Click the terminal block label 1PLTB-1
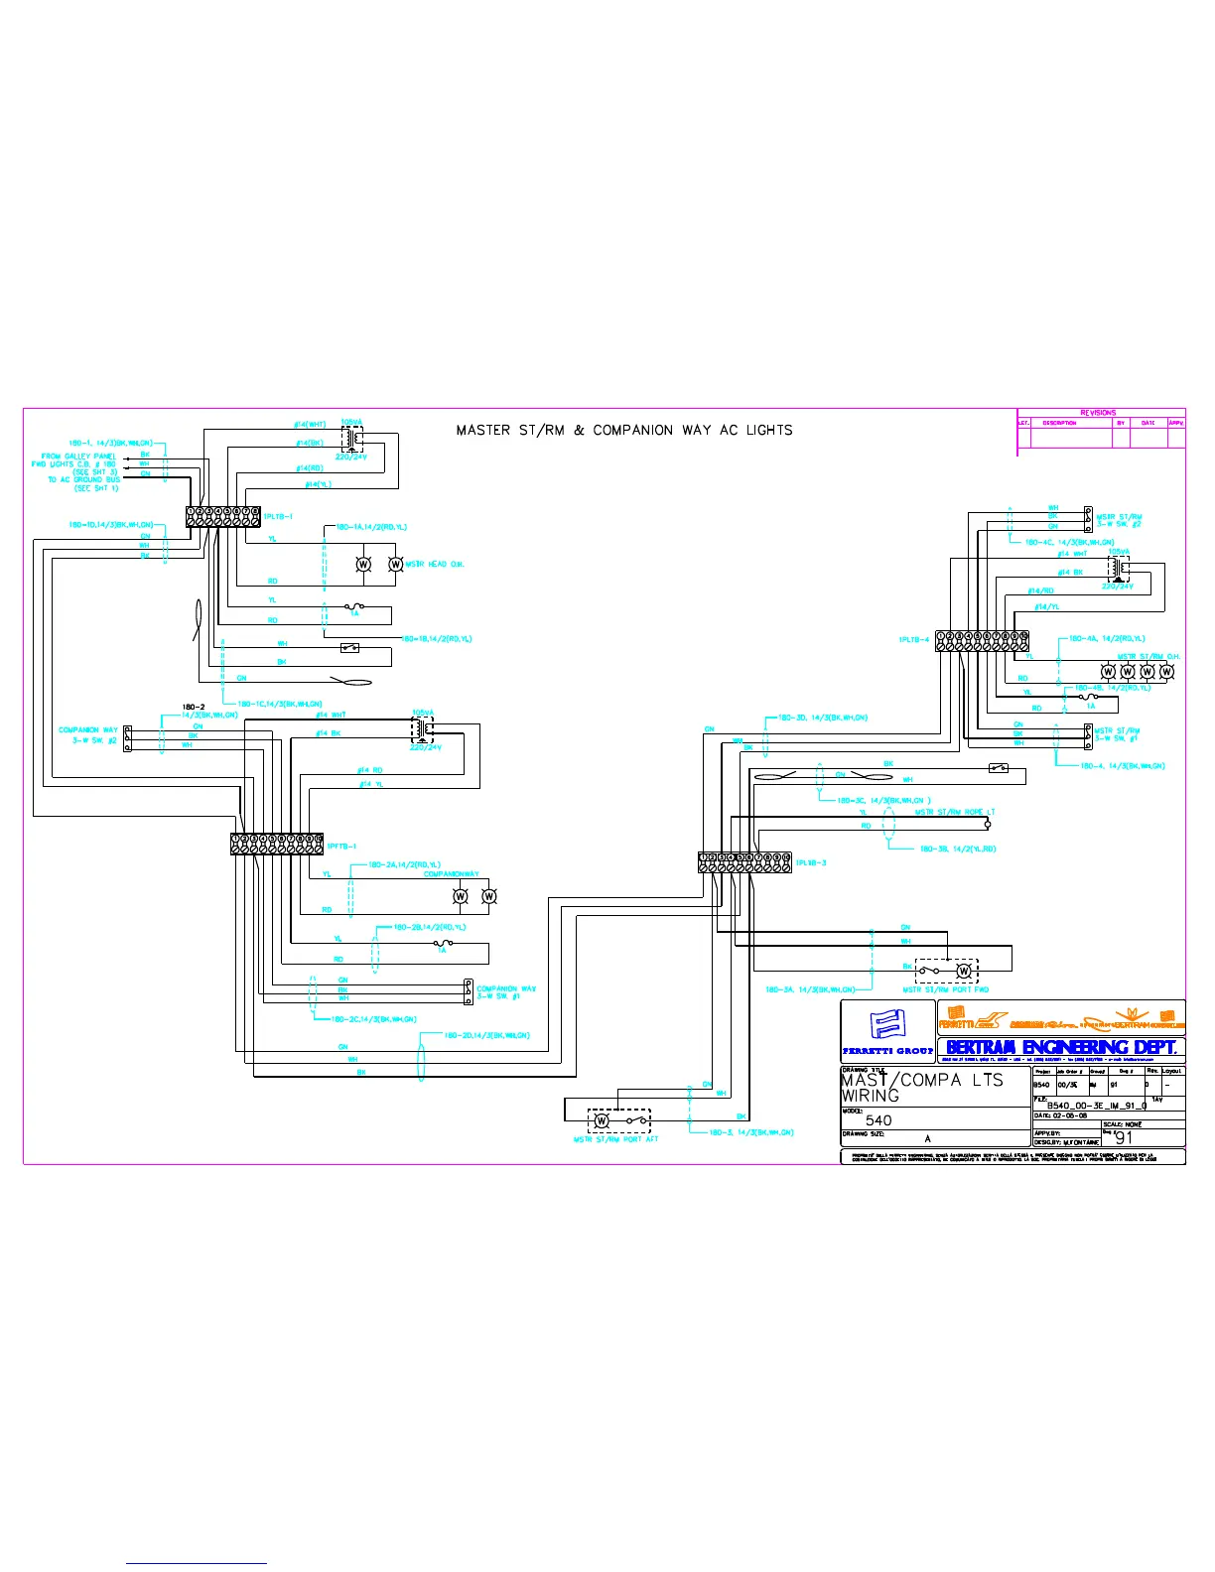[278, 516]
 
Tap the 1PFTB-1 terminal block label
[341, 847]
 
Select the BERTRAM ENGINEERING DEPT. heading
[1061, 1047]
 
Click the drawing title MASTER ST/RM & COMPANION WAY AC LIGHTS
[624, 431]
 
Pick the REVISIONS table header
[1098, 413]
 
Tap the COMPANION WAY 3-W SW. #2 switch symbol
[127, 739]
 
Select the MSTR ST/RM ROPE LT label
[954, 812]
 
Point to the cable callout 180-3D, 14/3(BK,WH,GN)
[823, 718]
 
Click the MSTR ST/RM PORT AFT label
[615, 1140]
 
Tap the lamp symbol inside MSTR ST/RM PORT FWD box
[962, 971]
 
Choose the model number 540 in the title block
[878, 1120]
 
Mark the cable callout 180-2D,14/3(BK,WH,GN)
[486, 1036]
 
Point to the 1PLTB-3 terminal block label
[810, 863]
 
